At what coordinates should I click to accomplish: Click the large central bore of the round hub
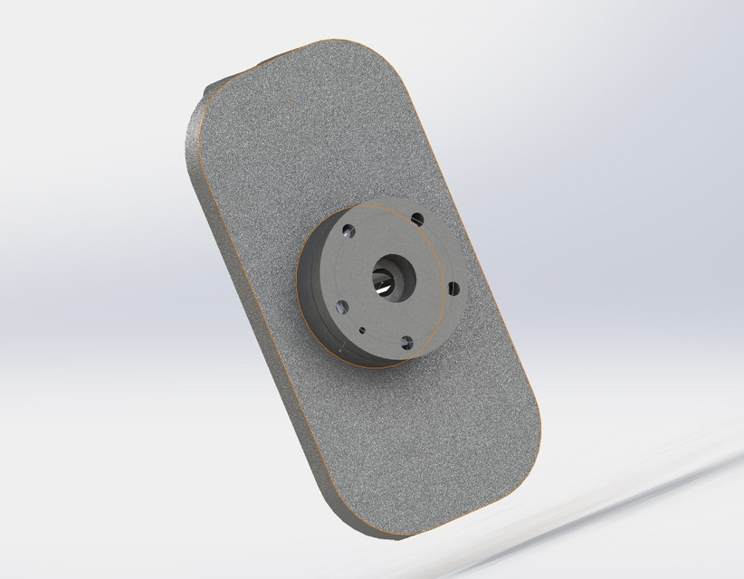(x=392, y=275)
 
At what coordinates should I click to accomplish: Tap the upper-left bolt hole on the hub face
(x=348, y=230)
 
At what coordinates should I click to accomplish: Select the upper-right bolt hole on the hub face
(x=416, y=219)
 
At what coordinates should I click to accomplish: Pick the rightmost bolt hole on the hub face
(x=453, y=289)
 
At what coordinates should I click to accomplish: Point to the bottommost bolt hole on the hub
(x=406, y=342)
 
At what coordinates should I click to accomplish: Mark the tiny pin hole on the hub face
(x=362, y=330)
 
